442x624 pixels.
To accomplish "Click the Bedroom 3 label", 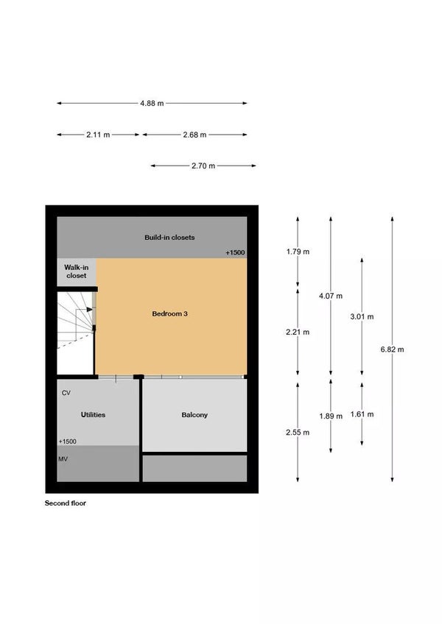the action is click(x=169, y=313).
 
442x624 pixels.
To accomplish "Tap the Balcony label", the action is click(x=194, y=415).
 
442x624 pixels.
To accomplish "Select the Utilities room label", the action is click(x=93, y=415).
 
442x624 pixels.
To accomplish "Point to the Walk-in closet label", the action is click(x=76, y=272).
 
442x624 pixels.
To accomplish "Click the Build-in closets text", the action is click(x=169, y=237).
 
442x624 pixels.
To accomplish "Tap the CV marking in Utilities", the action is click(x=66, y=393).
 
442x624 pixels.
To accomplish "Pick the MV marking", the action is click(x=63, y=459).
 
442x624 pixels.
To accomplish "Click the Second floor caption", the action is click(x=66, y=503).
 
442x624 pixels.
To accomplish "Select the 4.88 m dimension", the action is click(x=152, y=104).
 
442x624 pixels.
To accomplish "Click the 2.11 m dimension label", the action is click(x=98, y=135).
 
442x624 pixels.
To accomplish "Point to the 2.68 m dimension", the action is click(x=195, y=135).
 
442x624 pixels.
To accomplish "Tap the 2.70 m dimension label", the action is click(x=203, y=166).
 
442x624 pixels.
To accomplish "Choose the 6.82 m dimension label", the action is click(x=392, y=350).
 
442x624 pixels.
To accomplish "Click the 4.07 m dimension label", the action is click(x=331, y=296).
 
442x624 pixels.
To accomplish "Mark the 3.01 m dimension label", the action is click(x=362, y=316).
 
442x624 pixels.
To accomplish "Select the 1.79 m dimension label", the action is click(x=298, y=252).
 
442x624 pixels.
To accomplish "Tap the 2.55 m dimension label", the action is click(x=298, y=432).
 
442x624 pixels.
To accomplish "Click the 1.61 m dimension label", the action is click(x=362, y=414).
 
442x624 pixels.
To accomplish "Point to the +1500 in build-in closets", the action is click(x=235, y=252).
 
